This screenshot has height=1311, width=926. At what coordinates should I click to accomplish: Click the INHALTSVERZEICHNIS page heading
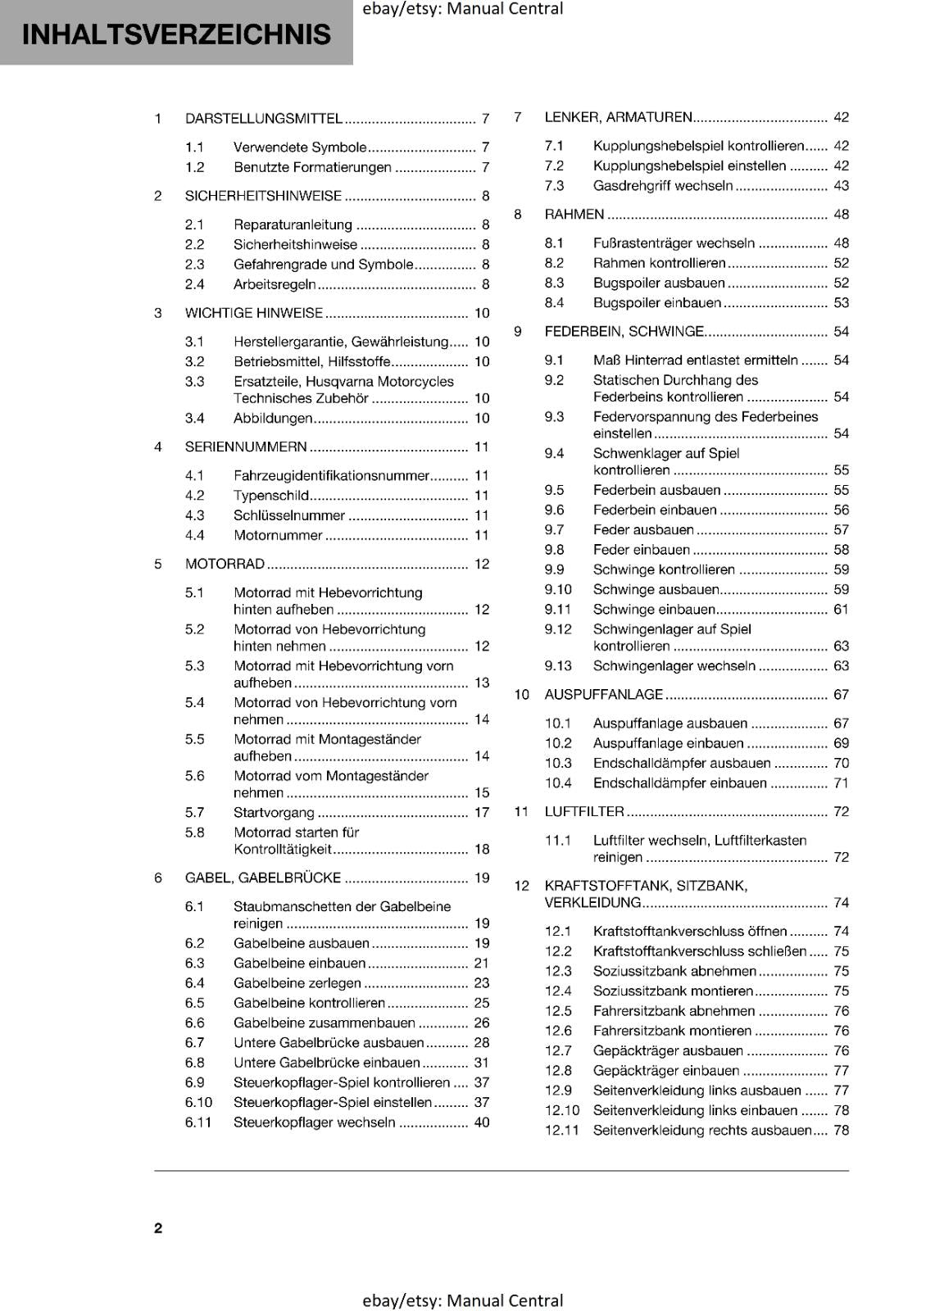pyautogui.click(x=176, y=34)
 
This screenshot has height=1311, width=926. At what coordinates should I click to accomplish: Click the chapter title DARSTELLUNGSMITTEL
pyautogui.click(x=263, y=119)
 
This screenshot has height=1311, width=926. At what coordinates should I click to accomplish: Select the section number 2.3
pyautogui.click(x=194, y=265)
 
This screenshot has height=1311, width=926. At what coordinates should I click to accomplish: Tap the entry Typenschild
pyautogui.click(x=271, y=496)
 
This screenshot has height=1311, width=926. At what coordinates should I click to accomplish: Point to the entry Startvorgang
pyautogui.click(x=274, y=813)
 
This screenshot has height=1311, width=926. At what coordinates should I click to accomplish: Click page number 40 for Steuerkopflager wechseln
pyautogui.click(x=481, y=1123)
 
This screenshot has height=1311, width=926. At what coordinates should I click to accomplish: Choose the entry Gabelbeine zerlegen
pyautogui.click(x=297, y=983)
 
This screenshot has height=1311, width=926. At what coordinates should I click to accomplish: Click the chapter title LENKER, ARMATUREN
pyautogui.click(x=618, y=117)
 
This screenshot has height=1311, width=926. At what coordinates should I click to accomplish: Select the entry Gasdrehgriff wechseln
pyautogui.click(x=662, y=186)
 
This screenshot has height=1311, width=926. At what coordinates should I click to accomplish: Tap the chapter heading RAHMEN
pyautogui.click(x=574, y=215)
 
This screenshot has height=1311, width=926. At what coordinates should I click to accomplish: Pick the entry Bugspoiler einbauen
pyautogui.click(x=656, y=303)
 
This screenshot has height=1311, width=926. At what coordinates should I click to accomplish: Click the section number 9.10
pyautogui.click(x=558, y=590)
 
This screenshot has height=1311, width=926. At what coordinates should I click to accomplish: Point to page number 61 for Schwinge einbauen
pyautogui.click(x=841, y=610)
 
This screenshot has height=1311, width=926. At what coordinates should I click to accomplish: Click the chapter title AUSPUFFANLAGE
pyautogui.click(x=603, y=695)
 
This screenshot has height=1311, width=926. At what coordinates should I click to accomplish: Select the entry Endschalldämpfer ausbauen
pyautogui.click(x=681, y=764)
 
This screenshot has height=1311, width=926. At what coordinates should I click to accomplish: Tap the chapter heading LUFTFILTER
pyautogui.click(x=583, y=812)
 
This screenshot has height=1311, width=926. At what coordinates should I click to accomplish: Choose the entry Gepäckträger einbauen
pyautogui.click(x=665, y=1071)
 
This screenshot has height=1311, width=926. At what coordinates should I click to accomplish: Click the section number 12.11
pyautogui.click(x=561, y=1131)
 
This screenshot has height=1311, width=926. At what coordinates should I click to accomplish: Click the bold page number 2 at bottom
pyautogui.click(x=158, y=1227)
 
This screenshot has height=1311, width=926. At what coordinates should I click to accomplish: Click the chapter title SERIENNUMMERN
pyautogui.click(x=246, y=447)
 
